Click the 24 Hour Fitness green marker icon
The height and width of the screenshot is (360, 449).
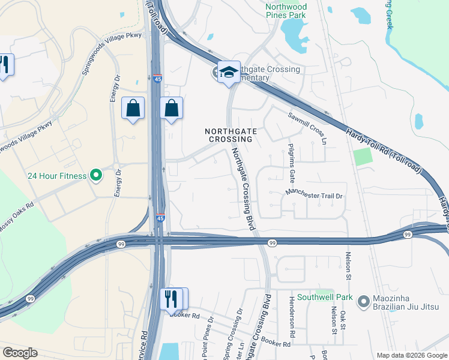coord(95,176)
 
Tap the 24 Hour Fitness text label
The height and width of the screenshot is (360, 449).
coord(58,176)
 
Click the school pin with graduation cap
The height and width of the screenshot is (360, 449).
coord(229,72)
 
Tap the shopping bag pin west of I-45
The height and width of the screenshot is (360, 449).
coord(133,109)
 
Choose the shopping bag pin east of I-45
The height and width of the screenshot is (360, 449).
coord(171,109)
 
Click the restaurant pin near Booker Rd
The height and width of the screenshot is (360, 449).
coord(172,299)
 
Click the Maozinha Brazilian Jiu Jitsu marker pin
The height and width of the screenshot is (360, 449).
coord(363,302)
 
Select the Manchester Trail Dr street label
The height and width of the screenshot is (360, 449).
coord(314,195)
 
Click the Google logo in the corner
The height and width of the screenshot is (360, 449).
coord(20,353)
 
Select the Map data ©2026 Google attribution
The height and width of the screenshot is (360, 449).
coord(411,355)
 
